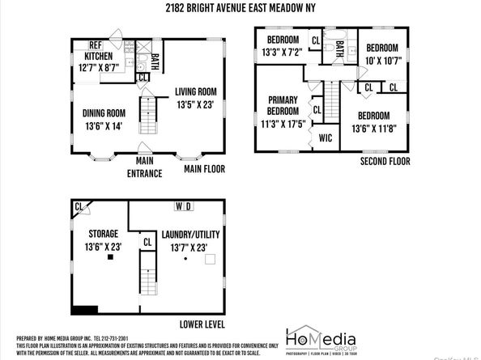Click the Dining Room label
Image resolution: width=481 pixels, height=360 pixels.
(x=104, y=112)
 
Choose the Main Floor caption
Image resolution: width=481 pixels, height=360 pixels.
(x=204, y=169)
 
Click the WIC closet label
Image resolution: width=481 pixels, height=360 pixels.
(x=326, y=138)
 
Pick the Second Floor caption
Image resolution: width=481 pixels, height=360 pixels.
(x=385, y=162)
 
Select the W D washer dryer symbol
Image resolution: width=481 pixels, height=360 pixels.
(x=183, y=206)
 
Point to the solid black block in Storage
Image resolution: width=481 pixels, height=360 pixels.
(x=84, y=308)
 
